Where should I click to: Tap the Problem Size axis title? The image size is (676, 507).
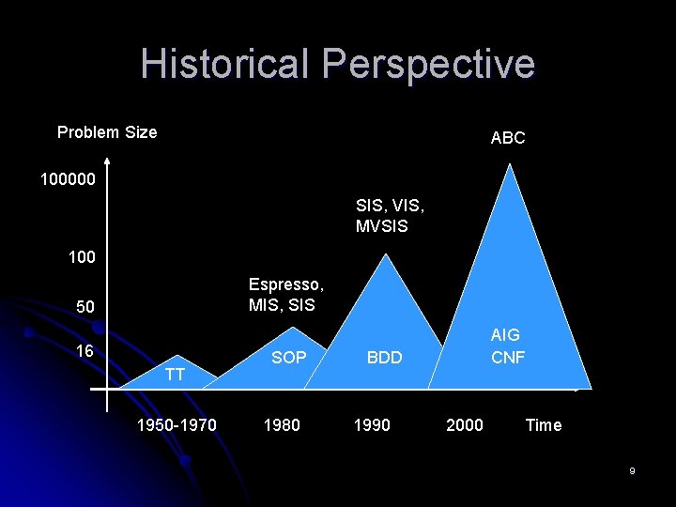point(107,132)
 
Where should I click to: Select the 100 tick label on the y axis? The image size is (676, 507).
point(82,256)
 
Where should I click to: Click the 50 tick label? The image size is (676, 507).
point(86,307)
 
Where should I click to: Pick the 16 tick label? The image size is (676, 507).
point(84,351)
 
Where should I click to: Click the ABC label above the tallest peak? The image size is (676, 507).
point(508,138)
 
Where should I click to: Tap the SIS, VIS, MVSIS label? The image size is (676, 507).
point(382,215)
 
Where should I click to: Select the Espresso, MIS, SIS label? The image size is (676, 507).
point(286,295)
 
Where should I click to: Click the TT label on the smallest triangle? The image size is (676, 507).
point(174,376)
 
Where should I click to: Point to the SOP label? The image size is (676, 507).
point(289,357)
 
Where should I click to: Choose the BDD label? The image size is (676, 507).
point(384,357)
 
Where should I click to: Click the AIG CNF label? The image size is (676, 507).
point(508,346)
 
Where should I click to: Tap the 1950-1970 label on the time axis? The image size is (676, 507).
point(177,425)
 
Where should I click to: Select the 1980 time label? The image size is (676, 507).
point(282,425)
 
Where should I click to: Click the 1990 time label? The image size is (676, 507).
point(371,425)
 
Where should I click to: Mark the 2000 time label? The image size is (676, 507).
point(465,425)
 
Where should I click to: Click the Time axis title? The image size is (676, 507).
point(544,425)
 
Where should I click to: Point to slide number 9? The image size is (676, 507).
point(633,470)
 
